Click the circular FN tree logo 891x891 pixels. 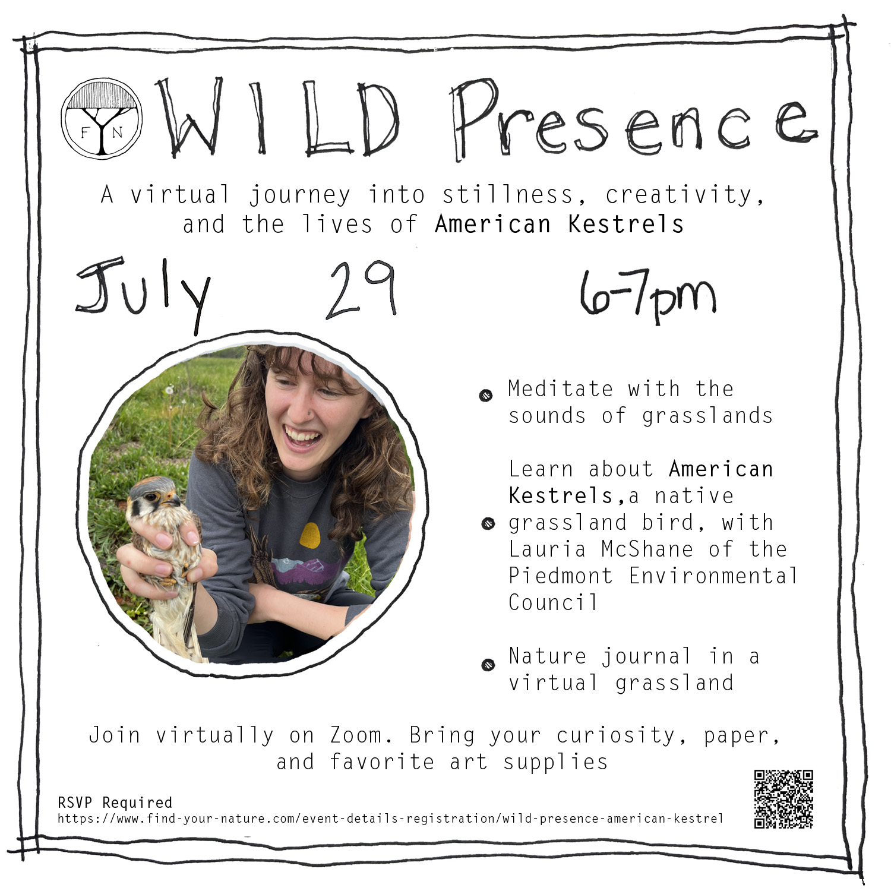[x=102, y=119]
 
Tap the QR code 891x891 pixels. [x=783, y=799]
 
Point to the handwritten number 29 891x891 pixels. [x=361, y=290]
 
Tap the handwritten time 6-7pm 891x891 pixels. [x=648, y=295]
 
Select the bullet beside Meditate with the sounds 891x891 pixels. [x=486, y=396]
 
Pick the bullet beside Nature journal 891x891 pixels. [x=488, y=665]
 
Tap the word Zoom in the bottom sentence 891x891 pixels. [x=356, y=735]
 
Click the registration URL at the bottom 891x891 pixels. [x=390, y=819]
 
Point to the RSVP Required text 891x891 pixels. [x=115, y=802]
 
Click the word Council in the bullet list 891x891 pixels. [x=553, y=602]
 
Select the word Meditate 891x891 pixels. [x=561, y=388]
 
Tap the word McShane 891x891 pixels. [x=647, y=549]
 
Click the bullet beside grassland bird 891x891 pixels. [x=488, y=523]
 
